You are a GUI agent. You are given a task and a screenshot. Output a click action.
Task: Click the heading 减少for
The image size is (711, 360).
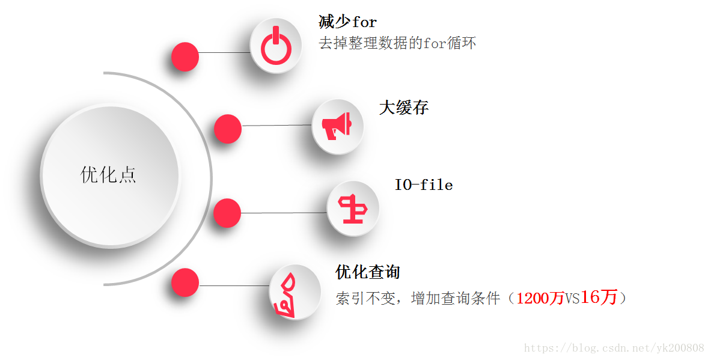347,22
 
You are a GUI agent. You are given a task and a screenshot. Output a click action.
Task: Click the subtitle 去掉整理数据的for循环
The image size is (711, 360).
397,43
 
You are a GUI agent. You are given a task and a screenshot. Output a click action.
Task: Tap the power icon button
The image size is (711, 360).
276,46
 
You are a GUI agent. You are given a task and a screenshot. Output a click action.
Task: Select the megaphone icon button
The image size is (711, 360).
338,126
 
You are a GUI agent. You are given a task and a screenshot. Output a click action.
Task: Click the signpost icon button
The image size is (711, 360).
353,209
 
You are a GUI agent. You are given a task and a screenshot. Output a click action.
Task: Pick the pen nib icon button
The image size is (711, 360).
294,293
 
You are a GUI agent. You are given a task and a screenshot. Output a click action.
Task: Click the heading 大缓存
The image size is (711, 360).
403,108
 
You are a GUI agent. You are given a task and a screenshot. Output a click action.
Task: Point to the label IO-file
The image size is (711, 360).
423,185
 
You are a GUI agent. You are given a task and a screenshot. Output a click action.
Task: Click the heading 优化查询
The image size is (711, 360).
367,272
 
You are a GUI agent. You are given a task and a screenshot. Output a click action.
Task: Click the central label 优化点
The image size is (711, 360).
109,174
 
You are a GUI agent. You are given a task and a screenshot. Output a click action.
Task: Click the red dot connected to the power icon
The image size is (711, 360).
185,58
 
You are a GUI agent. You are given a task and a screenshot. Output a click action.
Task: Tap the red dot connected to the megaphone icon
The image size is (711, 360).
228,129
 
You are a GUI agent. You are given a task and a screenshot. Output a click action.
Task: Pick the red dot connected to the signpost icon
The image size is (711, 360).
227,213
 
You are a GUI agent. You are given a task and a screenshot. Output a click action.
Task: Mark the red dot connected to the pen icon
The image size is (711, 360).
185,282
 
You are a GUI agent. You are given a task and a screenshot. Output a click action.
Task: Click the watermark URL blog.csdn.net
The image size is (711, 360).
614,348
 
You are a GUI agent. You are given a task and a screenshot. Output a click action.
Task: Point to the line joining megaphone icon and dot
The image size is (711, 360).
276,126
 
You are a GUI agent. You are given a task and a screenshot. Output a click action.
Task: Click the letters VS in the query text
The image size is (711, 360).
572,299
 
